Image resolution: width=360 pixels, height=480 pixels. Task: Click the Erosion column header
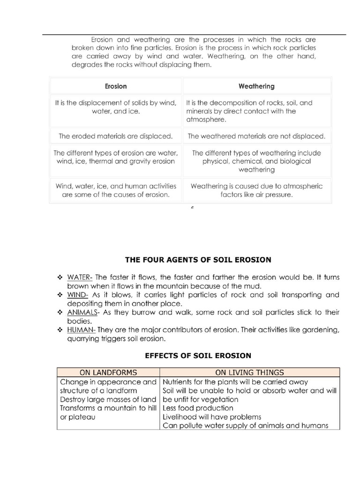[115, 86]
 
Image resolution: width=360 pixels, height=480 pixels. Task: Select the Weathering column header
[256, 86]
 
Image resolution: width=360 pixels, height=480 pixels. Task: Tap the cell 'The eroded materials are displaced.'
[115, 136]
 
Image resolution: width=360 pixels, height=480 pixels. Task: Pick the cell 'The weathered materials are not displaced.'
[256, 136]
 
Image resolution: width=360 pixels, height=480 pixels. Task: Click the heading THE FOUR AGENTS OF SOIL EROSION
[198, 259]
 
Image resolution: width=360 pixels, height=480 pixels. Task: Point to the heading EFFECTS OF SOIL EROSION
[198, 355]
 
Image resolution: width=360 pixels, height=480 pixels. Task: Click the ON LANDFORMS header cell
[108, 373]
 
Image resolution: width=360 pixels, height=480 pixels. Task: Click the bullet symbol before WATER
[60, 277]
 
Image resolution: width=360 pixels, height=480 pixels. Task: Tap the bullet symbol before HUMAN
[60, 330]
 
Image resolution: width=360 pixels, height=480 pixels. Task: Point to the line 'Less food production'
[197, 408]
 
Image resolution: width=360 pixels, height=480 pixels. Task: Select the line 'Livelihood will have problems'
[212, 417]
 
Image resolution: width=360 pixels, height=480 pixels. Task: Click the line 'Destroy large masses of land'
[108, 399]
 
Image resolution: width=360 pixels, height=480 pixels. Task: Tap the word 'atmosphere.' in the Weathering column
[205, 120]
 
